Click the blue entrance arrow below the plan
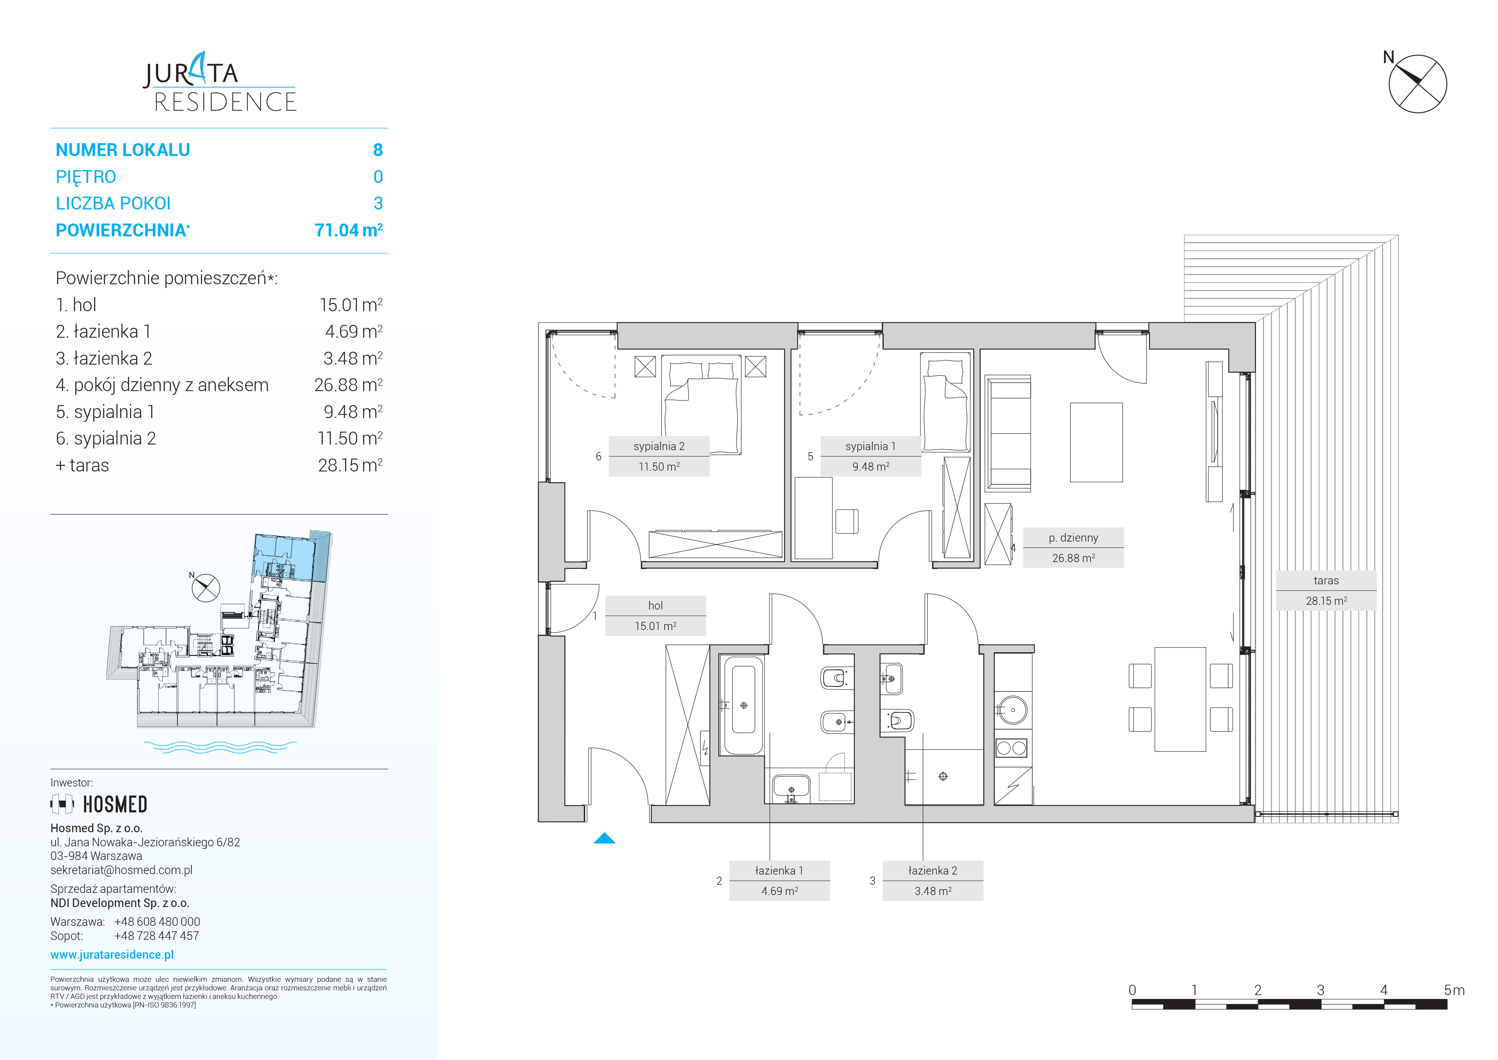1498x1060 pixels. pos(604,839)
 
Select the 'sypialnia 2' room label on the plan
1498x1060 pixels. pos(659,447)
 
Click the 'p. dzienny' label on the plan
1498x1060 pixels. pos(1073,538)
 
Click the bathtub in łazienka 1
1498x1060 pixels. pos(742,706)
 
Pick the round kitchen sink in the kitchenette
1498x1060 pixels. pos(1013,710)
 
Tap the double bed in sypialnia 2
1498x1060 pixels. pos(701,405)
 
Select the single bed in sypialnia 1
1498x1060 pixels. pos(945,401)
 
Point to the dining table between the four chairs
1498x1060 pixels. pos(1180,699)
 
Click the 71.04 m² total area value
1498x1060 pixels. pos(349,230)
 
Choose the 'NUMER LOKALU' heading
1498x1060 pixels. pos(123,150)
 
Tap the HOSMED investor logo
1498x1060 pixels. pos(99,804)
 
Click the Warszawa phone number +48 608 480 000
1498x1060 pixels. pos(157,922)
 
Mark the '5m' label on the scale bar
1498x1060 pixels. pos(1454,990)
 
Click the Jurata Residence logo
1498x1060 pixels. pos(220,83)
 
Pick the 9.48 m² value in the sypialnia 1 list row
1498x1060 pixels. pos(353,412)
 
